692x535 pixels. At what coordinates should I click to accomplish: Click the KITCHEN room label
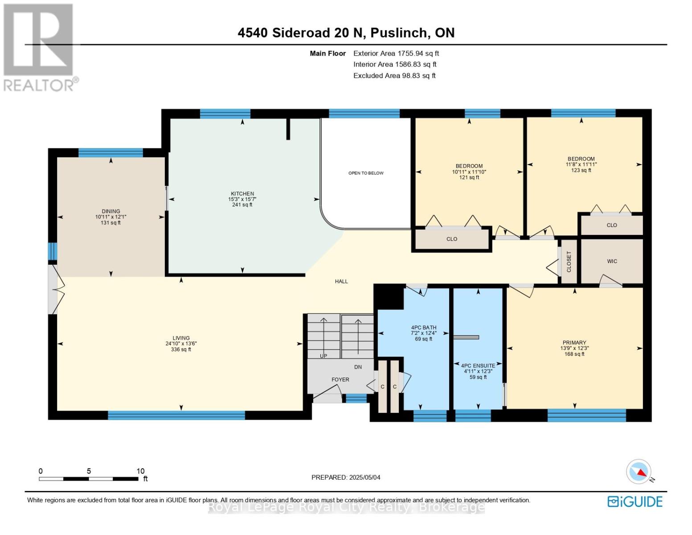pyautogui.click(x=242, y=194)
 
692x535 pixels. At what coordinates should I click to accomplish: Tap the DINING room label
pyautogui.click(x=111, y=211)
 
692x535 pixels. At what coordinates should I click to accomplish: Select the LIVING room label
pyautogui.click(x=181, y=338)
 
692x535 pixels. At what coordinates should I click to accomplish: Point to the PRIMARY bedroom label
pyautogui.click(x=574, y=343)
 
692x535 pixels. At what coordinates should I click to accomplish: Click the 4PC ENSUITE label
pyautogui.click(x=478, y=366)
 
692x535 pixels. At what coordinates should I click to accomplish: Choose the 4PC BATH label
pyautogui.click(x=423, y=327)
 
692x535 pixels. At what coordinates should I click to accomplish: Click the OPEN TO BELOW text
pyautogui.click(x=366, y=173)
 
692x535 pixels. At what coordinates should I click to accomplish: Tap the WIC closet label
pyautogui.click(x=612, y=261)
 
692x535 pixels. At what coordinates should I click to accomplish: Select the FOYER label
pyautogui.click(x=340, y=379)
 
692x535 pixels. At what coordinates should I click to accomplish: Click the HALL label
pyautogui.click(x=341, y=281)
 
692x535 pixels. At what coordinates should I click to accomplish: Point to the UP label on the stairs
pyautogui.click(x=323, y=356)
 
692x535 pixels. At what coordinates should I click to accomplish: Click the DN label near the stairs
pyautogui.click(x=358, y=367)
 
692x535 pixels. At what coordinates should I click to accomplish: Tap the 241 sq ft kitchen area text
pyautogui.click(x=242, y=205)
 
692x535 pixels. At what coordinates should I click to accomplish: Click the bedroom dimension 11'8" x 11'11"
pyautogui.click(x=581, y=165)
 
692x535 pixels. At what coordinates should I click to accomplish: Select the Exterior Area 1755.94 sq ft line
pyautogui.click(x=396, y=53)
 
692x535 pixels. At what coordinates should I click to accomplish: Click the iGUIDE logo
pyautogui.click(x=635, y=502)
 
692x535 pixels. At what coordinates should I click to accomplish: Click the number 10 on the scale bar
pyautogui.click(x=140, y=471)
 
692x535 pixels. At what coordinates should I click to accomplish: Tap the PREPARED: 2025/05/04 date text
pyautogui.click(x=346, y=477)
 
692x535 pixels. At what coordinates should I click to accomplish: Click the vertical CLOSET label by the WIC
pyautogui.click(x=569, y=262)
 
